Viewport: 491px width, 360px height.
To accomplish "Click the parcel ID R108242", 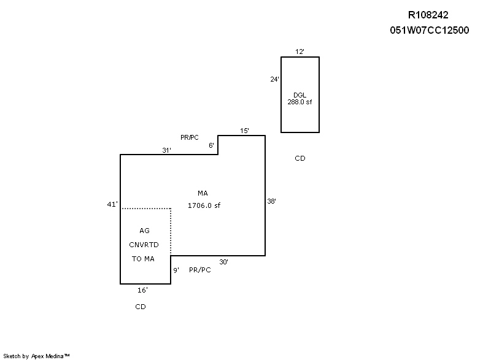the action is tap(428, 15).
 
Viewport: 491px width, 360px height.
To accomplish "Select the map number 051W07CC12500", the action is tap(429, 30).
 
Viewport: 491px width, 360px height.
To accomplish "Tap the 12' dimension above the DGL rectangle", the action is tap(300, 52).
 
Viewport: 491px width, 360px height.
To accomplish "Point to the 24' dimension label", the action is tap(274, 79).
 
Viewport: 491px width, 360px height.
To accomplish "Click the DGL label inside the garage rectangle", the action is tap(300, 95).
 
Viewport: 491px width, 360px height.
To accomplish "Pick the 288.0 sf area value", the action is tap(300, 102).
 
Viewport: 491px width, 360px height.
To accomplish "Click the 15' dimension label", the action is tap(244, 131).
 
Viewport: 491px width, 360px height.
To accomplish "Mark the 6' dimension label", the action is tap(211, 145).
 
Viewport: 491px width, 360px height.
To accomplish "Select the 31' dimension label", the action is tap(166, 150).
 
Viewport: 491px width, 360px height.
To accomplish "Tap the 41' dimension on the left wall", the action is tap(112, 204).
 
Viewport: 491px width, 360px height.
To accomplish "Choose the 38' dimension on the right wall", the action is tap(271, 201).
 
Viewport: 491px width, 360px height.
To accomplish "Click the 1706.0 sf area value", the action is tap(204, 205).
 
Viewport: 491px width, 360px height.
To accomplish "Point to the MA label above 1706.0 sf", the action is tap(203, 193).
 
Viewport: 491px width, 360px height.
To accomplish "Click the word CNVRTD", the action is tap(144, 245).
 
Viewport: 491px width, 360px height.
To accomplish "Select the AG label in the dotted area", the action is tap(144, 231).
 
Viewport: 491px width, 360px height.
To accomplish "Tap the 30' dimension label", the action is tap(223, 262).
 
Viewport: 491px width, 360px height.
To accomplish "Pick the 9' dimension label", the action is tap(176, 270).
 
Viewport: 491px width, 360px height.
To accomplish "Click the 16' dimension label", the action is tap(142, 290).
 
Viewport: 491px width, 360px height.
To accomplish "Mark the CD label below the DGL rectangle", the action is tap(300, 158).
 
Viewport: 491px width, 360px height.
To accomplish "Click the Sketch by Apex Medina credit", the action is tap(36, 356).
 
